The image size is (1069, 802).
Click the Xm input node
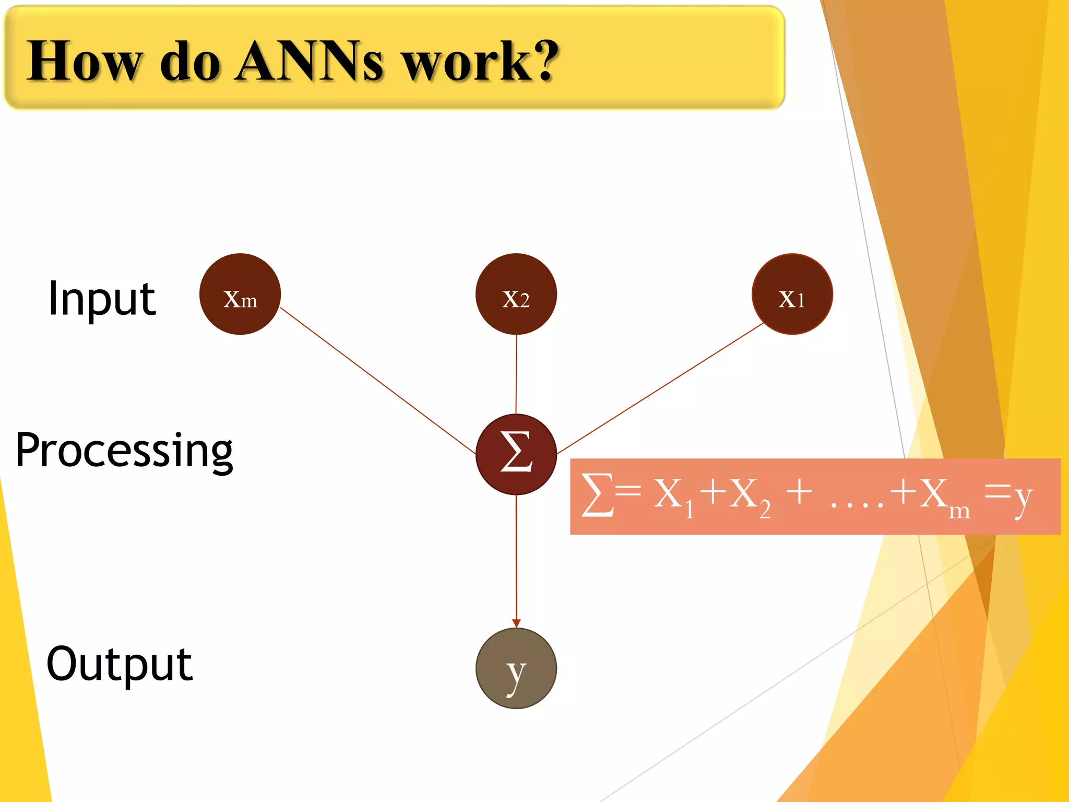(x=240, y=294)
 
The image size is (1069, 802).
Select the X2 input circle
(x=516, y=294)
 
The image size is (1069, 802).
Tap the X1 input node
(x=792, y=294)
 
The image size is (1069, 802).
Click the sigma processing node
(x=516, y=454)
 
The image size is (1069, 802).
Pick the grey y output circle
(x=516, y=668)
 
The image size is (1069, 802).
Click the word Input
(x=102, y=299)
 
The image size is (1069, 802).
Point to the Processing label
(x=124, y=450)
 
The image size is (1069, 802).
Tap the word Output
(x=120, y=664)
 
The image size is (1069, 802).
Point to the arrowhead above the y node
(x=516, y=623)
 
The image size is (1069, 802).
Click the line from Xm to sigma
(x=377, y=381)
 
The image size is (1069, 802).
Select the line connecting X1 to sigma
(x=660, y=388)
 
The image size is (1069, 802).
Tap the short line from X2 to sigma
(x=516, y=374)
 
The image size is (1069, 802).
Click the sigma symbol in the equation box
(x=597, y=495)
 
